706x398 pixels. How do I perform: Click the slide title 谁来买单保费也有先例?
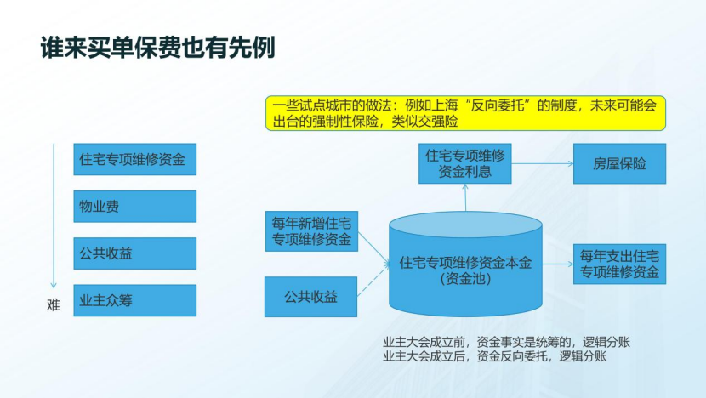click(x=157, y=47)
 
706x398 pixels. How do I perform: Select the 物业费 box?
click(x=134, y=206)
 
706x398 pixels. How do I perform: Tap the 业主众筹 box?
click(x=134, y=300)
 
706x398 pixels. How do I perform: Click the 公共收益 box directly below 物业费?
click(x=134, y=253)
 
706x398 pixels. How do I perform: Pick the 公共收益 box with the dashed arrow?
click(x=310, y=297)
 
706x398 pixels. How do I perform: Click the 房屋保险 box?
click(x=619, y=163)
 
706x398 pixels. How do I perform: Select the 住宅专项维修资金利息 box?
click(x=465, y=163)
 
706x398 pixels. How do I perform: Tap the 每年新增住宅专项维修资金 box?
click(x=310, y=230)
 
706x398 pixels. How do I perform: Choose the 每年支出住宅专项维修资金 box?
click(x=619, y=264)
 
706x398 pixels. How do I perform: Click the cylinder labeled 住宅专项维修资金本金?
click(x=465, y=264)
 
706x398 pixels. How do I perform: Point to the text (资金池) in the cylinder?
click(x=465, y=278)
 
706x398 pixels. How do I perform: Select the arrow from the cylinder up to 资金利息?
click(x=465, y=198)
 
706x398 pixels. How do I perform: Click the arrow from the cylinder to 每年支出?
click(x=557, y=264)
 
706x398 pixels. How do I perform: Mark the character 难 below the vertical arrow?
click(x=53, y=305)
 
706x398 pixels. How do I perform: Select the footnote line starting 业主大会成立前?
click(x=506, y=342)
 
